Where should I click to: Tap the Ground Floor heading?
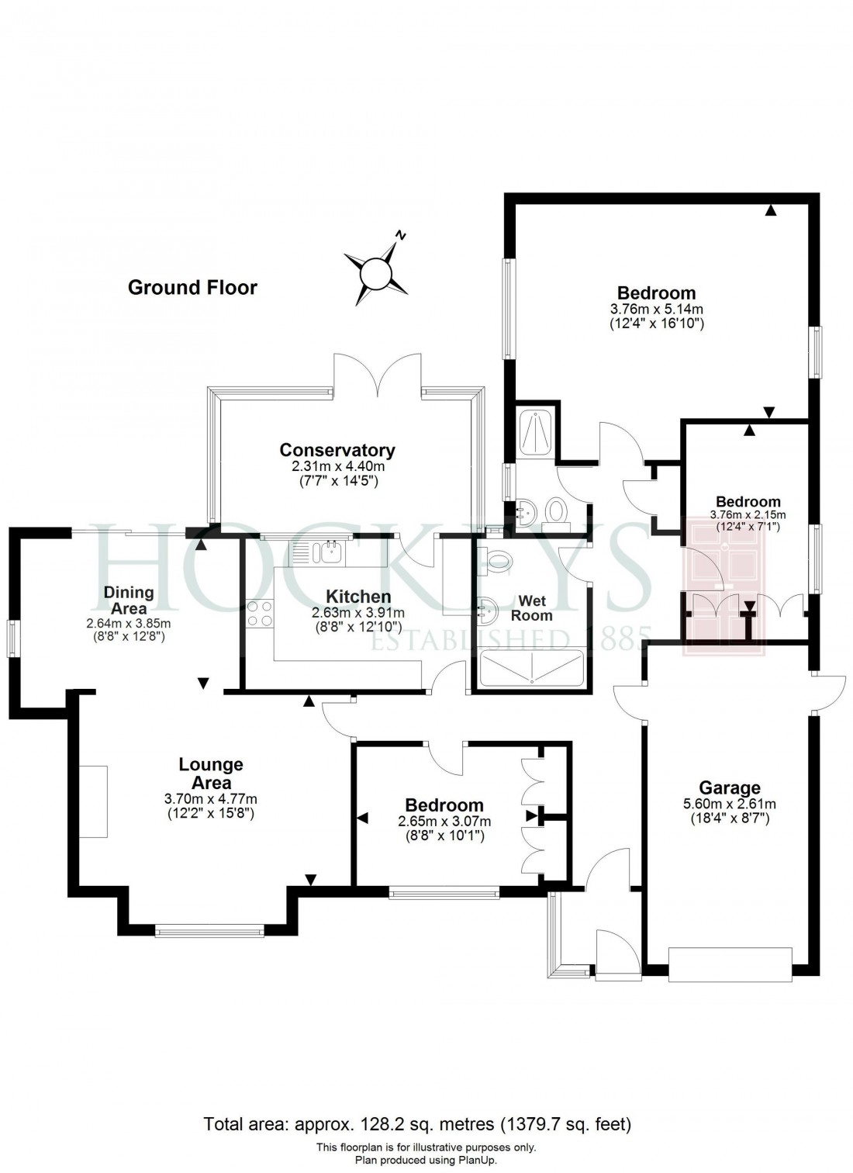[192, 288]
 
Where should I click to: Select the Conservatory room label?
[337, 450]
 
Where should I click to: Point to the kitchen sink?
[323, 552]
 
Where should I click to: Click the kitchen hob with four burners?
[259, 614]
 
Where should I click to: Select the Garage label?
[730, 788]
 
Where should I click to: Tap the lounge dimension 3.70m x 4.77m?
[211, 799]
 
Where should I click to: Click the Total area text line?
[417, 1123]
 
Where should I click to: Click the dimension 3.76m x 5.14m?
[656, 309]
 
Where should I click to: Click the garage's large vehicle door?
[730, 964]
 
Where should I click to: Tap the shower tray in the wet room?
[532, 669]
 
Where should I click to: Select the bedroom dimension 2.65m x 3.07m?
[444, 822]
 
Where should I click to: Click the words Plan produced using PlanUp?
[426, 1160]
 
